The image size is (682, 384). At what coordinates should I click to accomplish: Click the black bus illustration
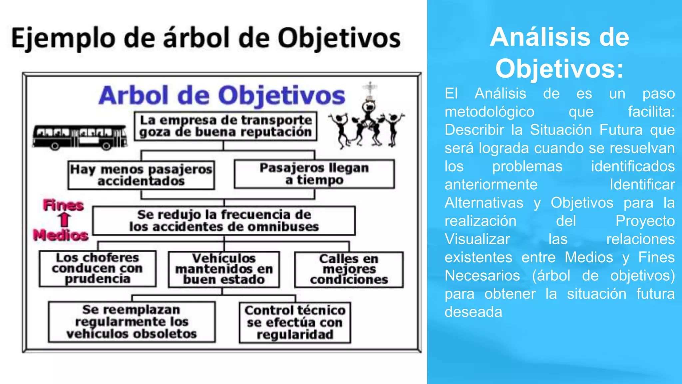(80, 137)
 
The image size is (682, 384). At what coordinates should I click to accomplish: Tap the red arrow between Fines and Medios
(64, 220)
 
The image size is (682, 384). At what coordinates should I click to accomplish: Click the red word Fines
(63, 205)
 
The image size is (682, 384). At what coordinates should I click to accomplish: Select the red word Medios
(61, 235)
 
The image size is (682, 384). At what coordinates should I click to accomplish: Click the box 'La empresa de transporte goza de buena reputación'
(225, 126)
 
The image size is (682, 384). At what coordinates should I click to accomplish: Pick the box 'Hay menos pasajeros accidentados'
(141, 175)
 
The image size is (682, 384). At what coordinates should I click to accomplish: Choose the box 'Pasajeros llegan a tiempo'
(314, 174)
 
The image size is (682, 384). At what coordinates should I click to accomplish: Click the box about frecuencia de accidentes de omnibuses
(224, 221)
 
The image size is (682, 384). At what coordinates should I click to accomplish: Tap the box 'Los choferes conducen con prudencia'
(98, 268)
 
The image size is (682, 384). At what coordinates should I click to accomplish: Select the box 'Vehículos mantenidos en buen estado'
(224, 269)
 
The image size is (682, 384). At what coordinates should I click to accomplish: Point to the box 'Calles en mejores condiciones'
(349, 269)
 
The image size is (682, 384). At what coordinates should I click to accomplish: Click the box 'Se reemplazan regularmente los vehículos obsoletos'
(132, 322)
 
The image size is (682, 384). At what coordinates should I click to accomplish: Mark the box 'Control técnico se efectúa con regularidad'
(295, 322)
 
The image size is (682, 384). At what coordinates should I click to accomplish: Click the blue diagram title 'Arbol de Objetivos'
(222, 96)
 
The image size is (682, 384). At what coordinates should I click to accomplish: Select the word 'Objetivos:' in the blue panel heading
(559, 69)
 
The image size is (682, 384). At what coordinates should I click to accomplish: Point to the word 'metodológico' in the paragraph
(490, 112)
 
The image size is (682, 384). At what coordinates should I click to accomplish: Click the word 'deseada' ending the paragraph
(473, 312)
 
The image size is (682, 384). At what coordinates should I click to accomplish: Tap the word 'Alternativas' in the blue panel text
(484, 203)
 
